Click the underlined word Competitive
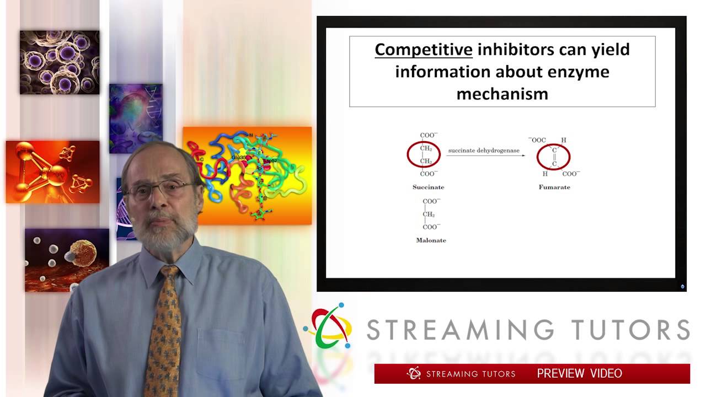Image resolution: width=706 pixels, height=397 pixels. [x=423, y=50]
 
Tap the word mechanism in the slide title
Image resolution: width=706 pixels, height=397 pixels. [x=502, y=93]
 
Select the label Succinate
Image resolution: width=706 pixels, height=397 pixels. [x=428, y=187]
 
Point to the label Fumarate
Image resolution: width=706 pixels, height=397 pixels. [x=554, y=187]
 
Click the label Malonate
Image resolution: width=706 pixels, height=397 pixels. [x=431, y=240]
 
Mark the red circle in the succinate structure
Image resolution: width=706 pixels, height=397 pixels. [x=424, y=154]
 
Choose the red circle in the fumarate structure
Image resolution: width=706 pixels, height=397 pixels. [x=553, y=157]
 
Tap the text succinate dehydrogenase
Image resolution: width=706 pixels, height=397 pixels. [x=484, y=150]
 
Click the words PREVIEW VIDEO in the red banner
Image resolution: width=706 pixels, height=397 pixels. [x=579, y=373]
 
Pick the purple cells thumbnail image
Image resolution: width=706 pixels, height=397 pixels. [x=60, y=62]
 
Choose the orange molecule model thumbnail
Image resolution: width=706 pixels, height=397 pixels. [x=52, y=171]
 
